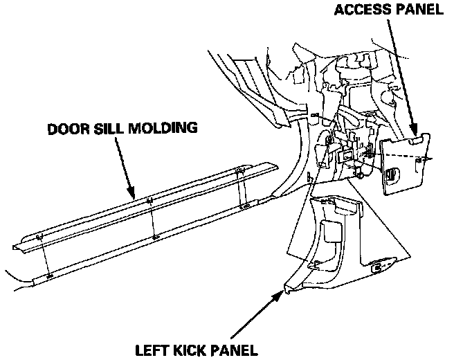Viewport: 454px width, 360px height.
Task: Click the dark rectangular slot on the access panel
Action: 392,177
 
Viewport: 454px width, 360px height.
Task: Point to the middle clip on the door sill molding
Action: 150,202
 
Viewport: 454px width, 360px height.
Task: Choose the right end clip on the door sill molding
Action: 239,170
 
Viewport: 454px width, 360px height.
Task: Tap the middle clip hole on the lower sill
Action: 155,237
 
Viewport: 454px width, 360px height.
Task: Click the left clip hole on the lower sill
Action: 49,275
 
